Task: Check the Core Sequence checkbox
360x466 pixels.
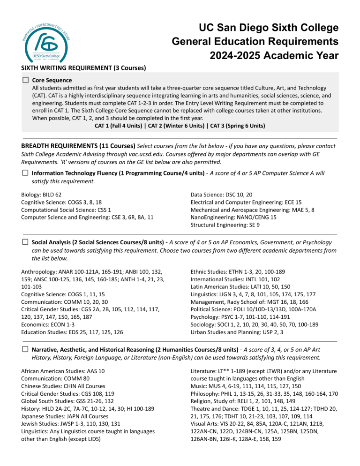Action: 25,81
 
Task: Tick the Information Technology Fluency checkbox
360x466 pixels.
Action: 25,173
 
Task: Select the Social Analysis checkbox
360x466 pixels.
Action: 25,242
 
